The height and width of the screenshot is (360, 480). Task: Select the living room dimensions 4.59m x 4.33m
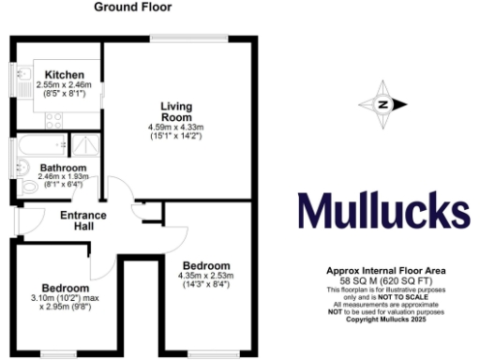pyautogui.click(x=175, y=127)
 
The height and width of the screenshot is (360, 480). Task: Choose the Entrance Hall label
pyautogui.click(x=83, y=219)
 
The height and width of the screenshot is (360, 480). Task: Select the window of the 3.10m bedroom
pyautogui.click(x=65, y=353)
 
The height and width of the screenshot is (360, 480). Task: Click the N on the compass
pyautogui.click(x=382, y=105)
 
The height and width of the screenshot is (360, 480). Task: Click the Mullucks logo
pyautogui.click(x=383, y=212)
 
